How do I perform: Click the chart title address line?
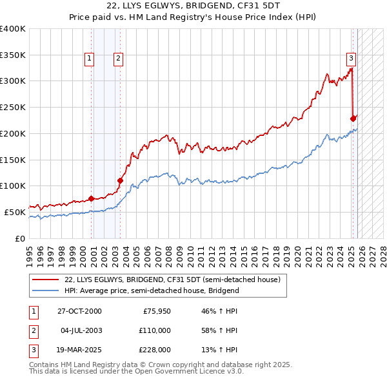coord(193,6)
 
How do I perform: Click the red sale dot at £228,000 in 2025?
coord(353,119)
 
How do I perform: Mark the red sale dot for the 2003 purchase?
coord(120,180)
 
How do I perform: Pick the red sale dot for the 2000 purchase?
coord(91,198)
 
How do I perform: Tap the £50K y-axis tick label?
coord(15,212)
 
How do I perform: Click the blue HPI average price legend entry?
coord(152,290)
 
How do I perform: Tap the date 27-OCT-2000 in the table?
coord(79,311)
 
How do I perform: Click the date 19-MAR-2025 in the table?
coord(79,350)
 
